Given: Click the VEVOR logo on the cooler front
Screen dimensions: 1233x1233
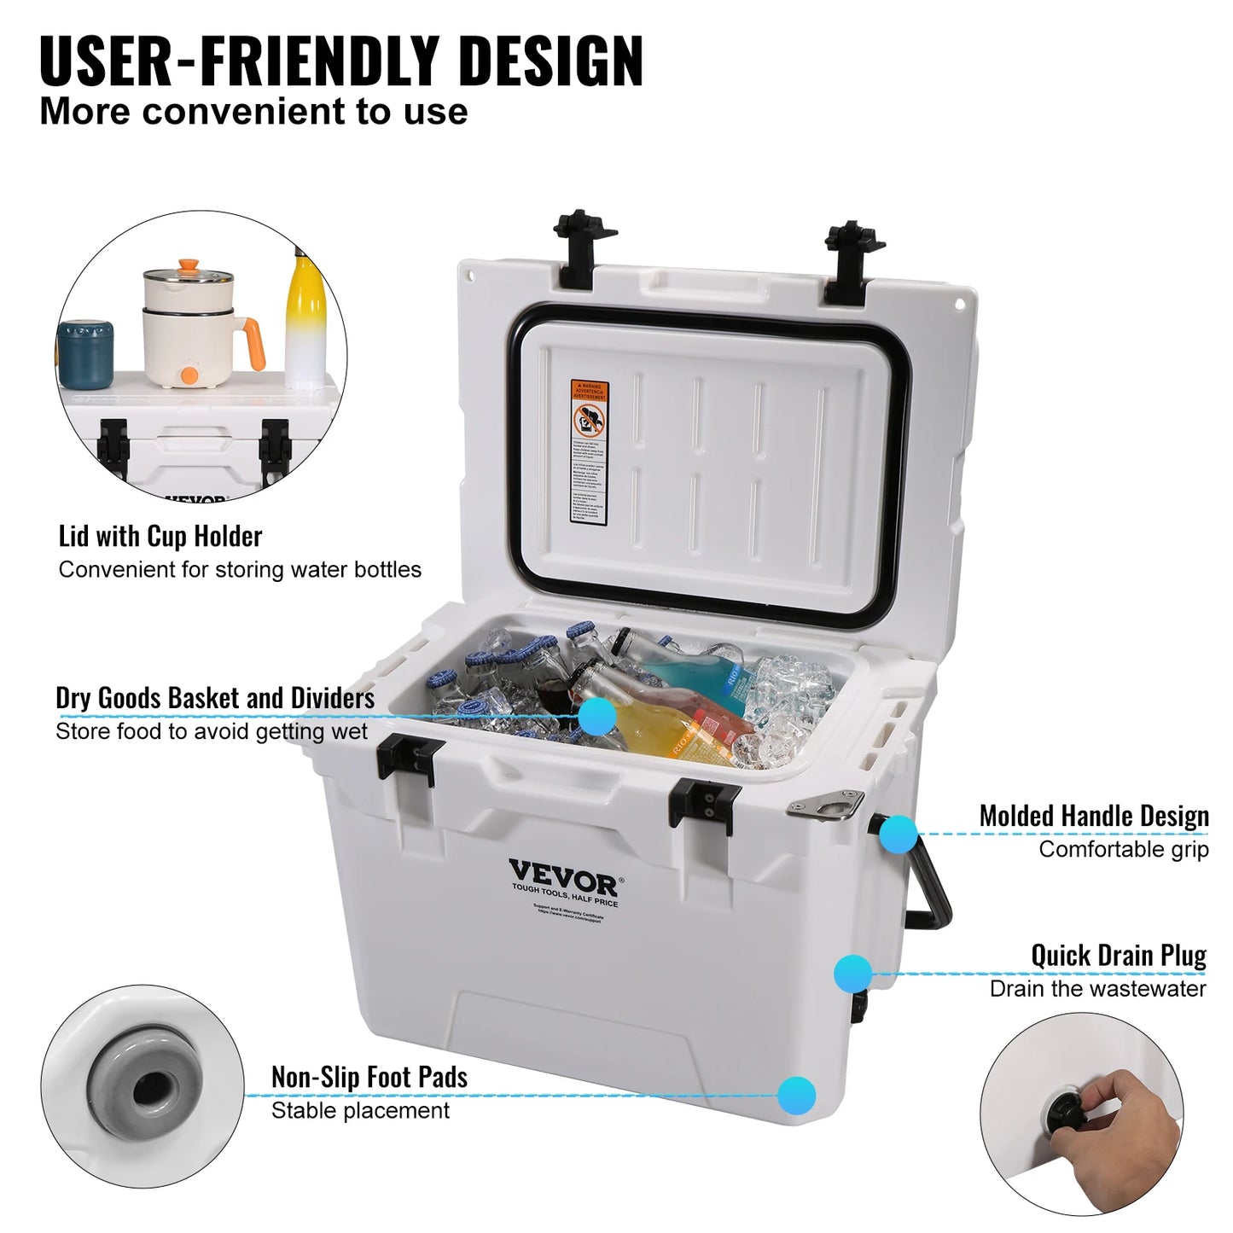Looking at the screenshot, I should click(563, 875).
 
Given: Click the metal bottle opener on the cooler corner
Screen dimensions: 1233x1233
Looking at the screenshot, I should click(827, 805).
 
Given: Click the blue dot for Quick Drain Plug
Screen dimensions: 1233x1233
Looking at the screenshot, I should click(852, 972).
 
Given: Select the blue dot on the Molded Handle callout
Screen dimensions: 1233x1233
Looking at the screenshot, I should click(898, 834).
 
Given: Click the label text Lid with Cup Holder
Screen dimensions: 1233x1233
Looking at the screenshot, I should click(160, 537).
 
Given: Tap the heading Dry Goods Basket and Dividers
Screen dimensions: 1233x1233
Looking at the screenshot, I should click(215, 698).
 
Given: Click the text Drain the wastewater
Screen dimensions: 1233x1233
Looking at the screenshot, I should click(1097, 989).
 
